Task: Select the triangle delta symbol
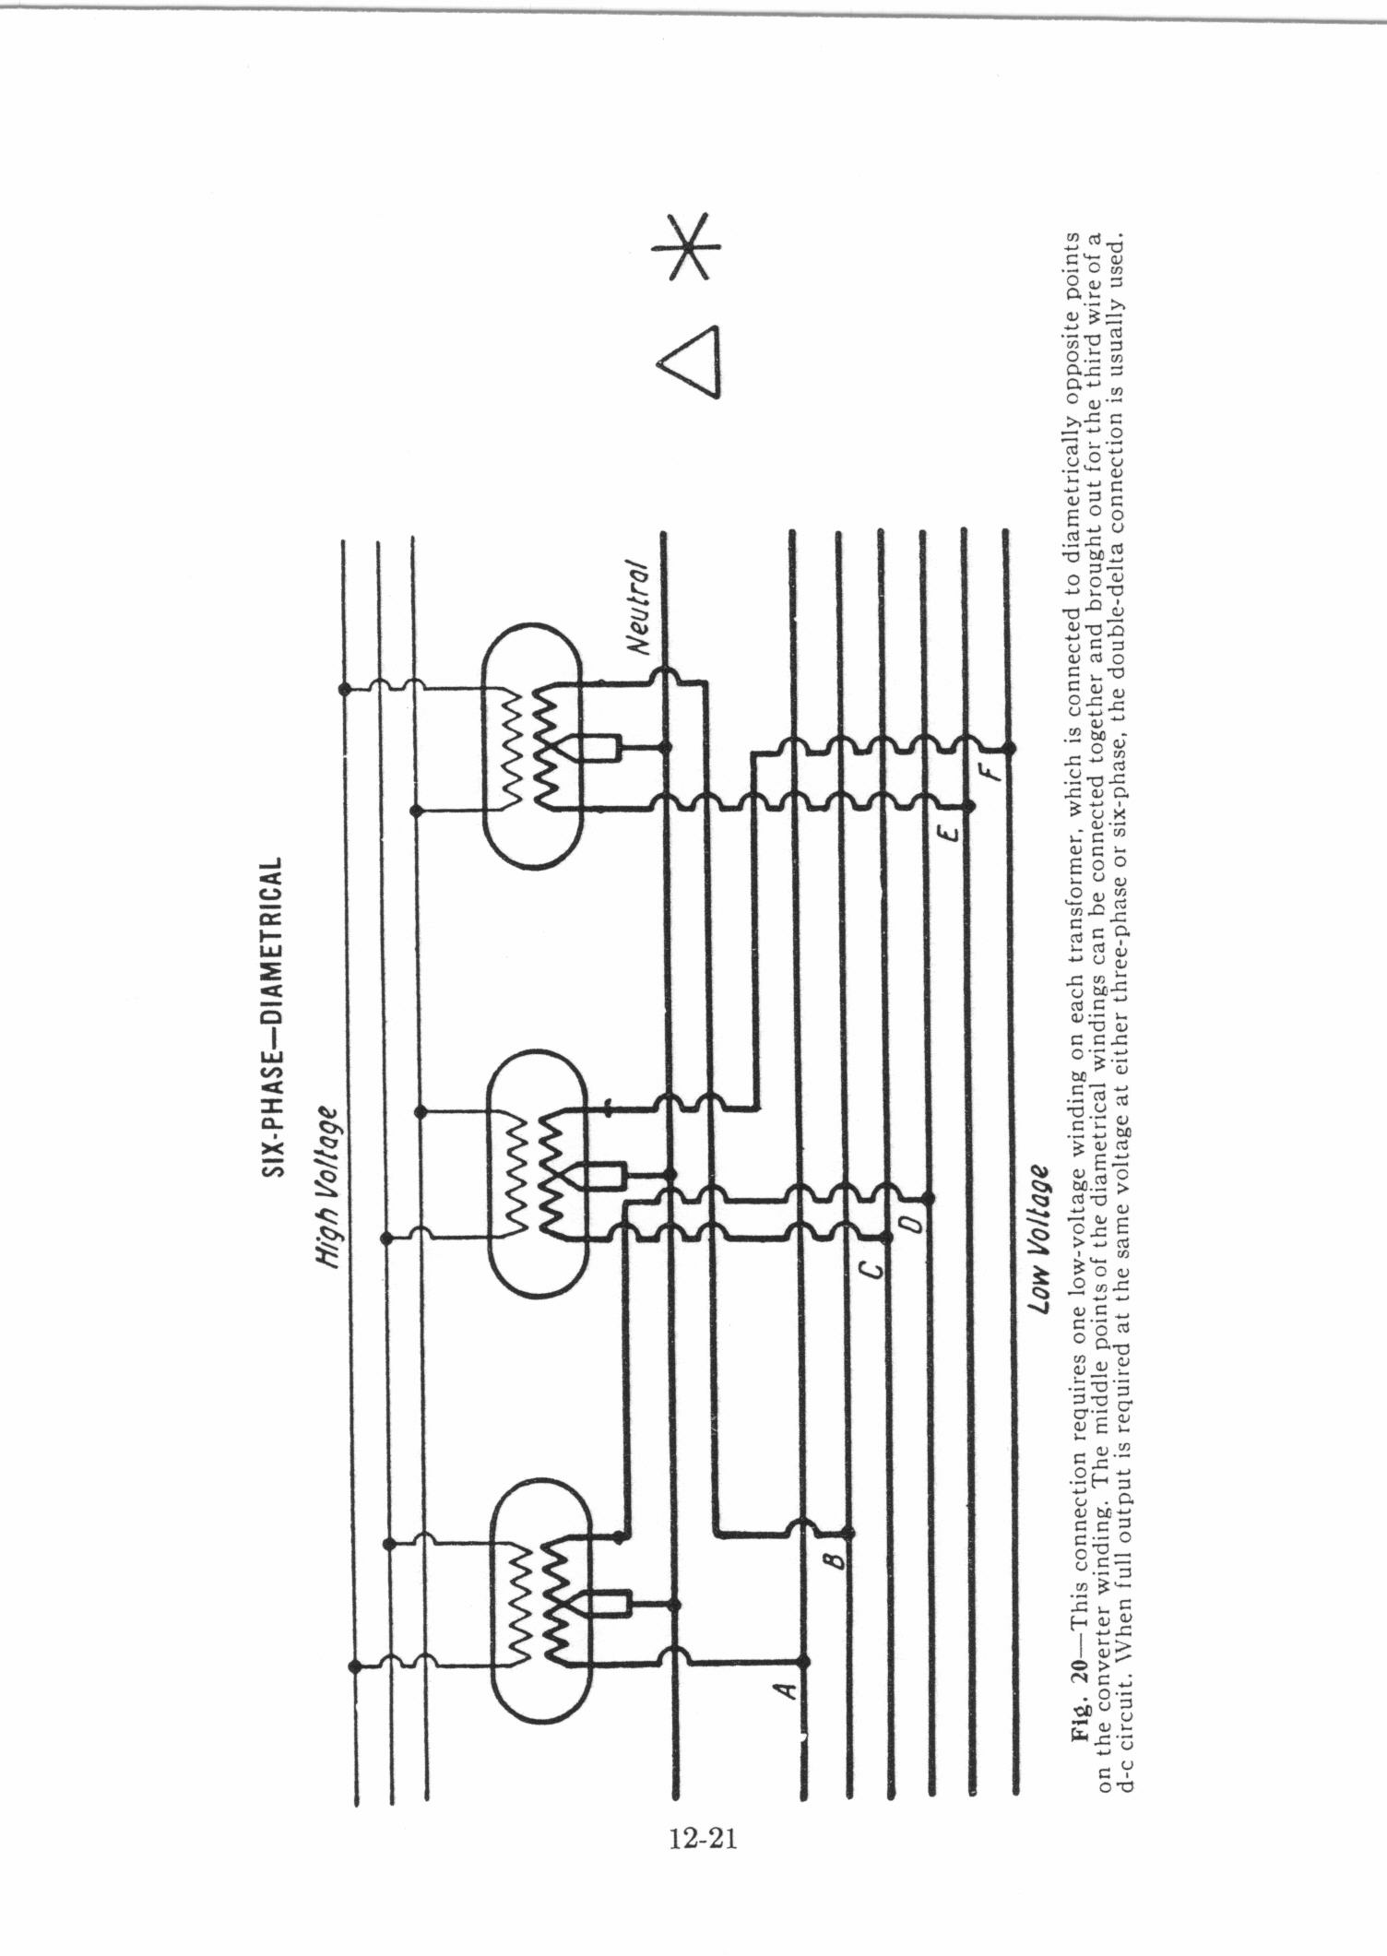[689, 361]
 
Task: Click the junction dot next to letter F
[1009, 747]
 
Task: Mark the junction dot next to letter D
[930, 1199]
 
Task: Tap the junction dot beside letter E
[968, 807]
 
